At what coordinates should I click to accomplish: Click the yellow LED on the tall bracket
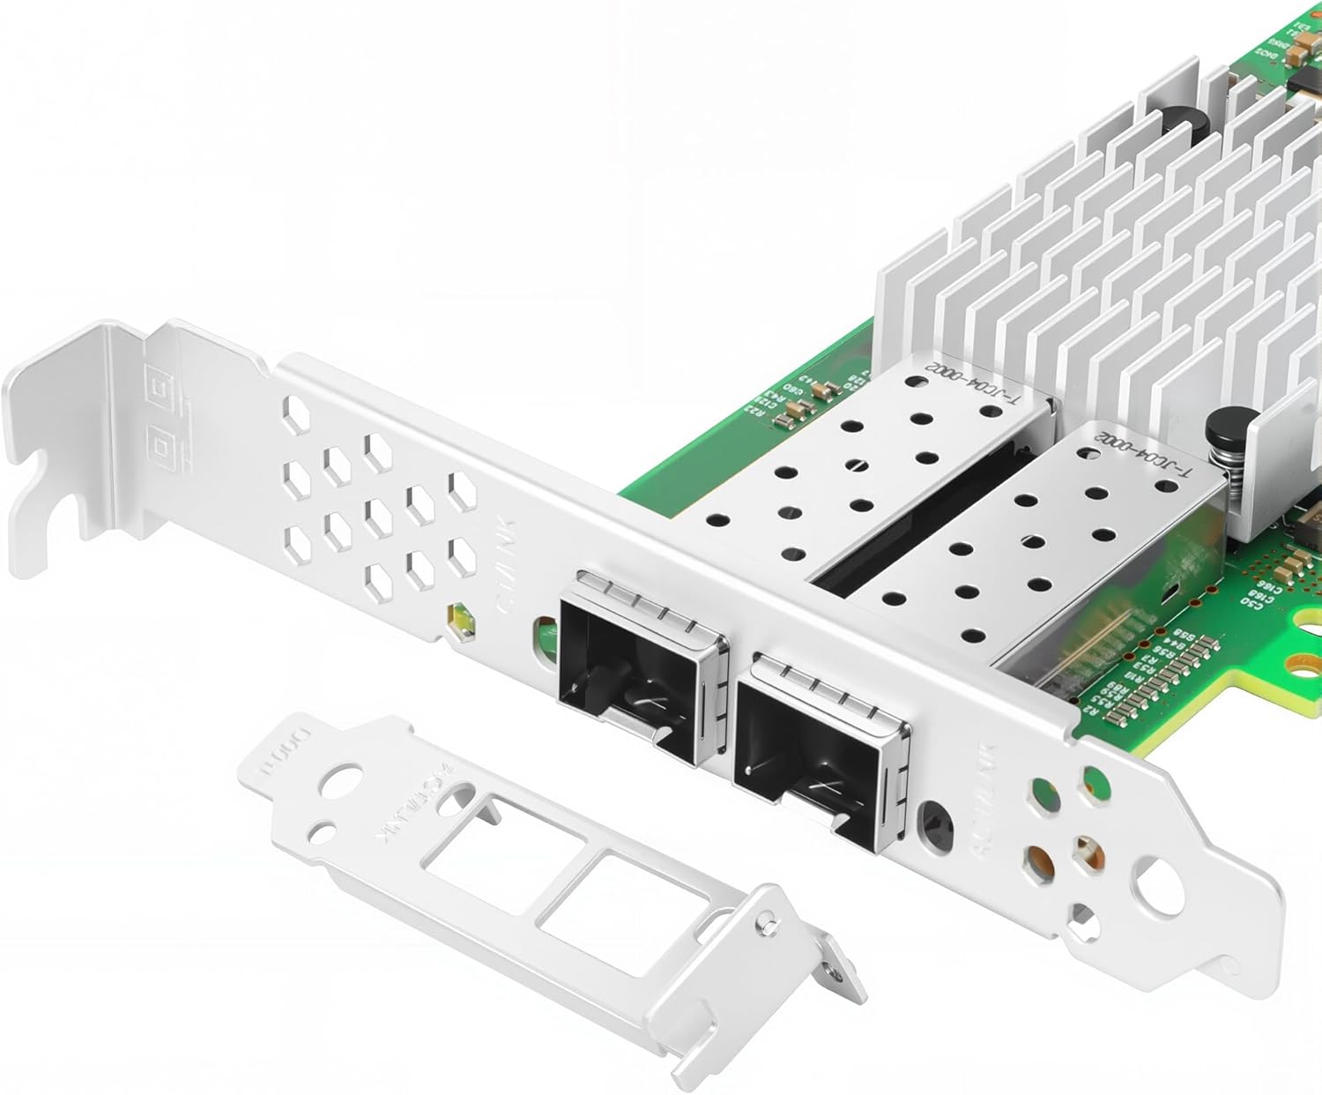tap(459, 620)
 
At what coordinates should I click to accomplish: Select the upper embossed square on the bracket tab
tap(161, 388)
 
